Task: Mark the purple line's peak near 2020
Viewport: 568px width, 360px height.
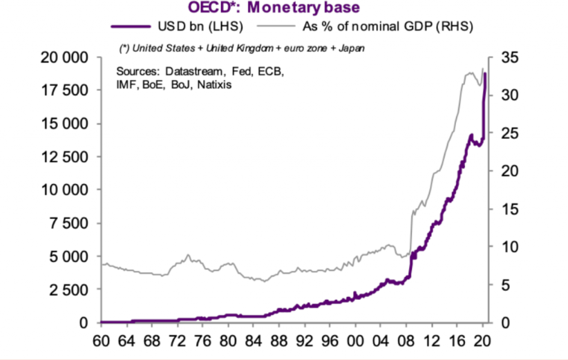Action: pyautogui.click(x=485, y=73)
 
